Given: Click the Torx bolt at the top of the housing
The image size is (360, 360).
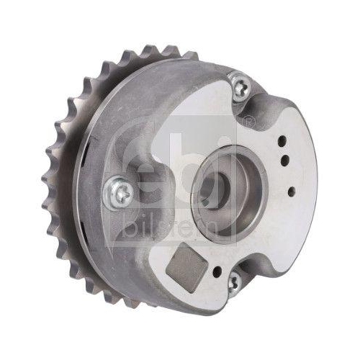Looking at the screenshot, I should [x=239, y=87].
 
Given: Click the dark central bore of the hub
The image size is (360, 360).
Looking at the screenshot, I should [x=210, y=188].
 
